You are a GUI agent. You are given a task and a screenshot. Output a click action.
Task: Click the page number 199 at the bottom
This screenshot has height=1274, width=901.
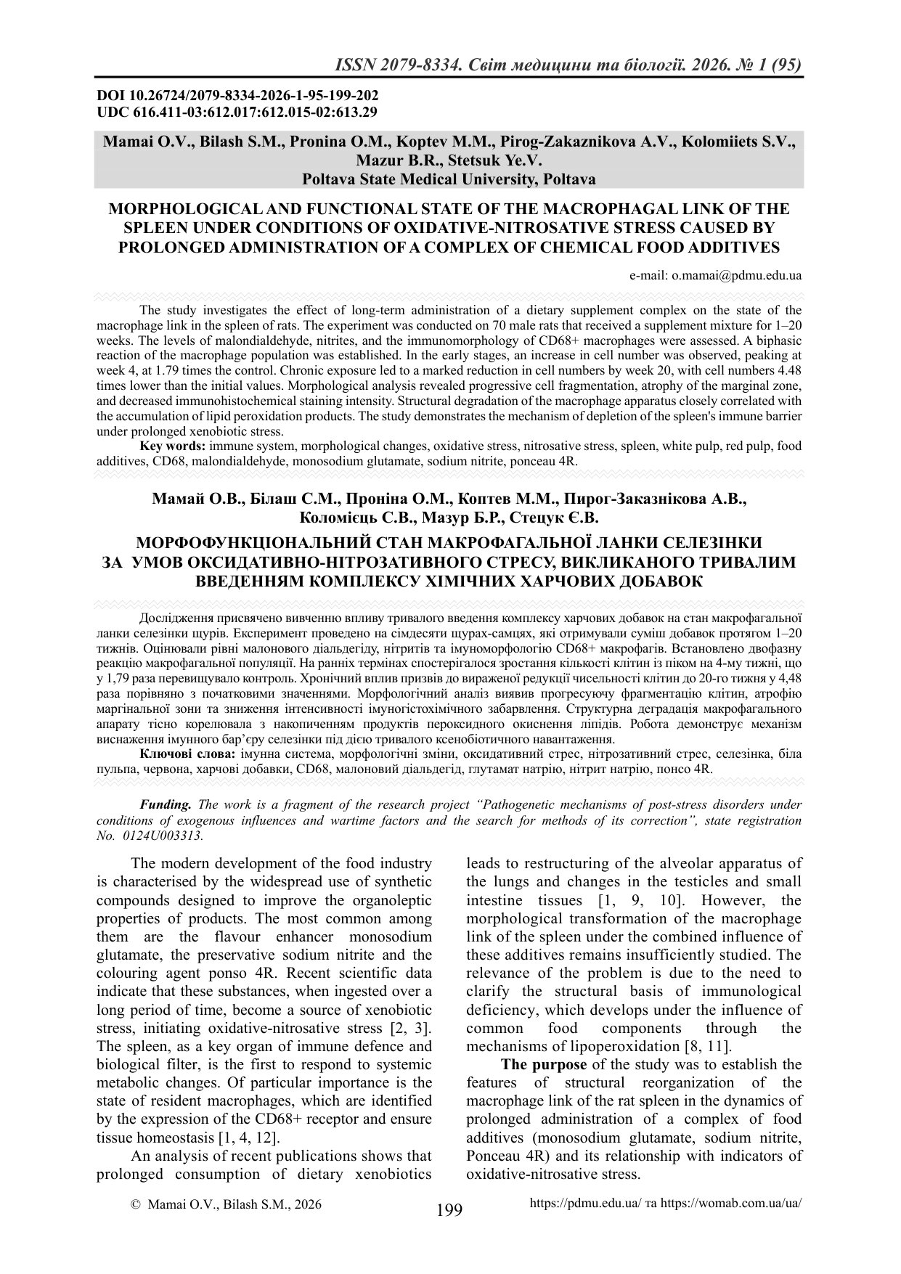coord(449,1209)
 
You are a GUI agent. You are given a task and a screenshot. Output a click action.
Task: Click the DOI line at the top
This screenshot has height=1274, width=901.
coord(237,96)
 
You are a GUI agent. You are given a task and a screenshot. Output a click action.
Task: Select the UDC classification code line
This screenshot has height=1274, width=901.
coord(237,112)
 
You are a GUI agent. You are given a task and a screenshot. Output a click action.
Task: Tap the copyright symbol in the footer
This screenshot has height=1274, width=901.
coord(134,1204)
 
